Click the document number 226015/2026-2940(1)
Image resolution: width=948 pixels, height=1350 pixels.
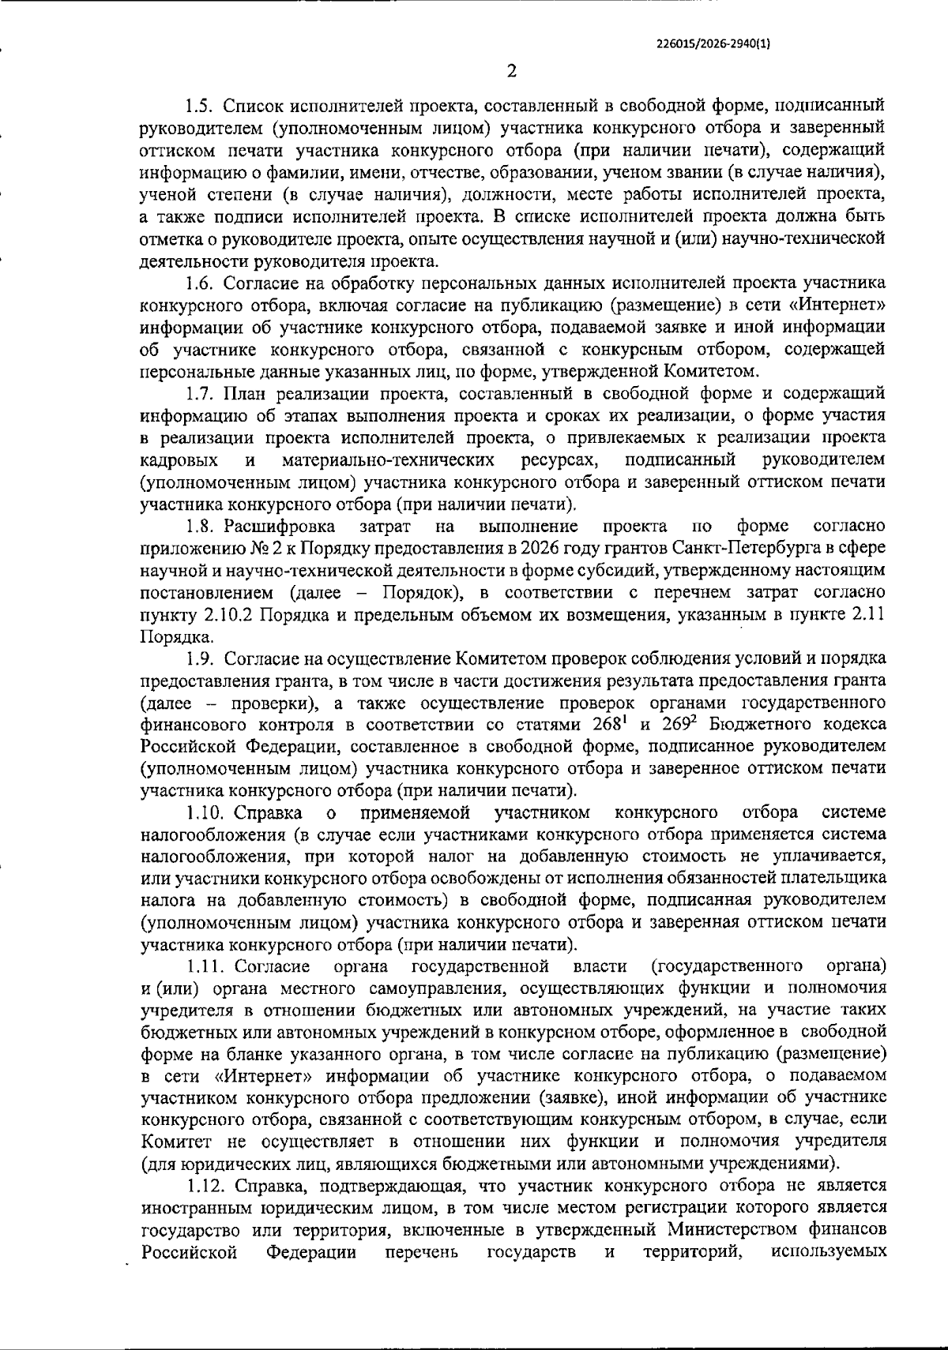point(713,45)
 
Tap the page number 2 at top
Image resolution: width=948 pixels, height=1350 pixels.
point(511,72)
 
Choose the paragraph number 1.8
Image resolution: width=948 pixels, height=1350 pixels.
point(202,526)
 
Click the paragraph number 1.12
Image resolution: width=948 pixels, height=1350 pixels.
point(207,1186)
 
